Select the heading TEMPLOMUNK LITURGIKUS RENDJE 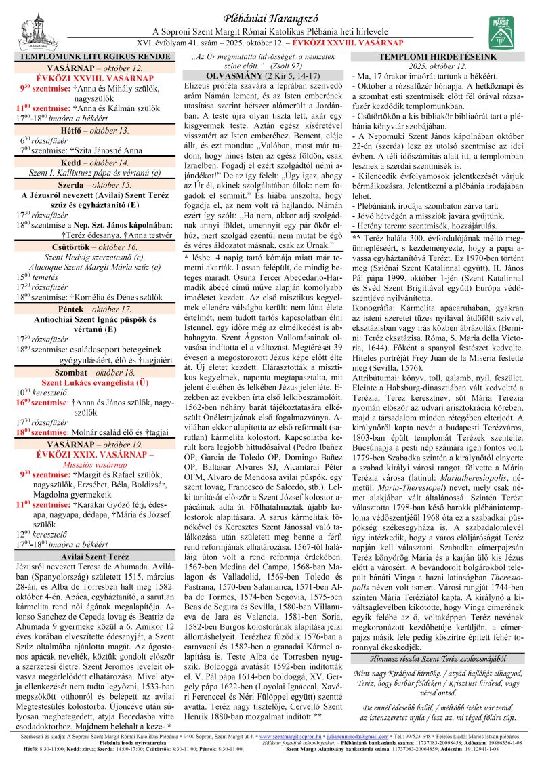pos(94,58)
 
